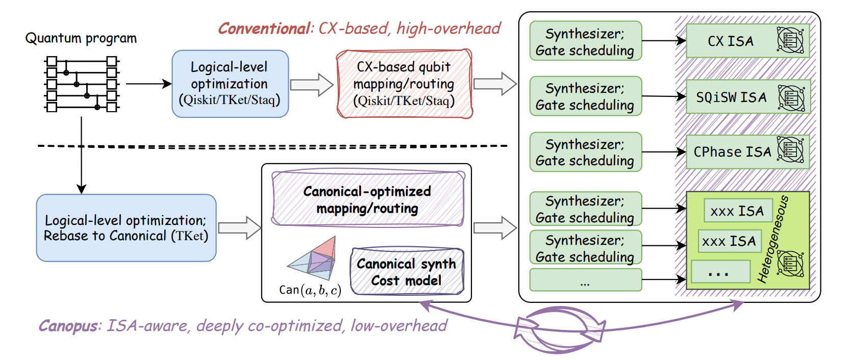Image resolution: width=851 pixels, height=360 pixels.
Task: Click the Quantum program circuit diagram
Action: pos(82,84)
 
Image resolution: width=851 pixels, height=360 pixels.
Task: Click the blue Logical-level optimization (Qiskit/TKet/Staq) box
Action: pos(230,84)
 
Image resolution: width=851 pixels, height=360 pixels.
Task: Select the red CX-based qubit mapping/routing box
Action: pos(404,84)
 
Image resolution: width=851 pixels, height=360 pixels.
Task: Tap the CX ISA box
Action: pos(747,41)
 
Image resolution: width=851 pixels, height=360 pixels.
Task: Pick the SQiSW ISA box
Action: pos(747,97)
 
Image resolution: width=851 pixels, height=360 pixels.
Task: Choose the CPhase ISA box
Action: pos(747,152)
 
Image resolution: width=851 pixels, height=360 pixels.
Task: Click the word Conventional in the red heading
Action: pos(264,29)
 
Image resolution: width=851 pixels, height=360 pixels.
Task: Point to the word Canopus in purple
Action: pos(68,326)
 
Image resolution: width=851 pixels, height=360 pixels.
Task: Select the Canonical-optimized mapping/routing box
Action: pos(367,199)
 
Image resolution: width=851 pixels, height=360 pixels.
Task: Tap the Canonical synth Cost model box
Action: pos(407,272)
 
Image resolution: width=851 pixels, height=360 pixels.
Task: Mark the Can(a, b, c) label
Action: pos(310,290)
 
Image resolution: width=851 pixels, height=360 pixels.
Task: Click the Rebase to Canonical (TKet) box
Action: pos(126,228)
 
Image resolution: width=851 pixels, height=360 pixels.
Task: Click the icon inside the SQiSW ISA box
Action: pos(791,97)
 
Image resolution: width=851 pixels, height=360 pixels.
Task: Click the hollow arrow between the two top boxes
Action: pos(312,85)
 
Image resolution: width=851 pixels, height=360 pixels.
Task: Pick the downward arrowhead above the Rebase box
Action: pos(81,188)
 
